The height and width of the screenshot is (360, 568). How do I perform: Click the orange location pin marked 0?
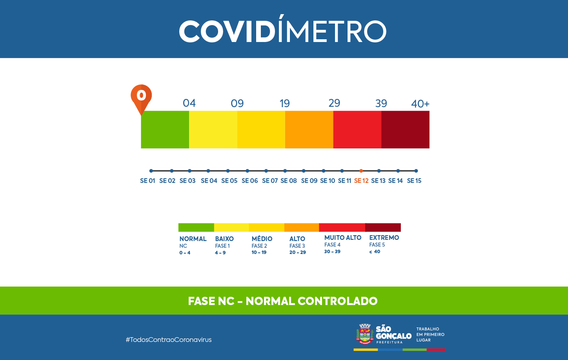[x=141, y=96]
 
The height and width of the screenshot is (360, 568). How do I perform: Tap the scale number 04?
[x=189, y=103]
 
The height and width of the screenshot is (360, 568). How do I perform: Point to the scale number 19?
[x=284, y=103]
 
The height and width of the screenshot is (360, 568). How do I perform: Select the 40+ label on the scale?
[x=420, y=104]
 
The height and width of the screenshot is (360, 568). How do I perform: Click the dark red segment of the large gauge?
[x=405, y=130]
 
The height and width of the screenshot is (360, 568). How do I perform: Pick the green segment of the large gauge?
[x=165, y=130]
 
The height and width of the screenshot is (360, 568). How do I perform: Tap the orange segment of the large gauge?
[x=309, y=130]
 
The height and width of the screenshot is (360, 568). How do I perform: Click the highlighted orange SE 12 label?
[x=361, y=181]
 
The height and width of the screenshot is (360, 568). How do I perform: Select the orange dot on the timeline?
[x=361, y=171]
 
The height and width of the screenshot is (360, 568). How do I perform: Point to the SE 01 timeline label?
[x=147, y=181]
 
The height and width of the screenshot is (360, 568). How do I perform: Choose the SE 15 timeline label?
[x=414, y=181]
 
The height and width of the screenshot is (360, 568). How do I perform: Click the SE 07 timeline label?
[x=270, y=181]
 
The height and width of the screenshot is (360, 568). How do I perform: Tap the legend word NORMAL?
[x=193, y=239]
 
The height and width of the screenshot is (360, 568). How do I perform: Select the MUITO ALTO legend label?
[x=343, y=238]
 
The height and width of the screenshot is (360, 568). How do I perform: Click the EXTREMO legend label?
[x=384, y=238]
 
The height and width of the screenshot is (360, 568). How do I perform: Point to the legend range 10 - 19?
[x=259, y=252]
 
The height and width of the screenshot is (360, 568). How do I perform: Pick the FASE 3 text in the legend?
[x=297, y=246]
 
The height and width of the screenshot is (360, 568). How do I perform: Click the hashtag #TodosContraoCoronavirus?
[x=169, y=340]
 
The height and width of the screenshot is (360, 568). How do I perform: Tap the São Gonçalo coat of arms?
[x=365, y=334]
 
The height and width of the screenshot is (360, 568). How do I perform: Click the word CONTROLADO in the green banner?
[x=337, y=301]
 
